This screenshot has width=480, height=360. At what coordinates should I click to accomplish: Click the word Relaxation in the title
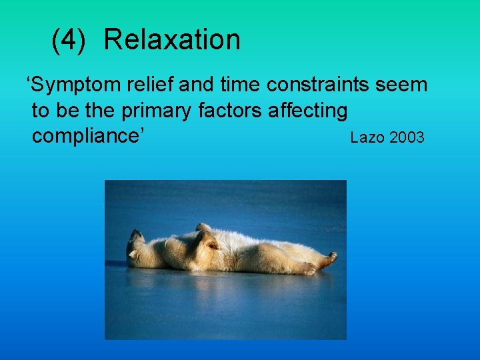click(x=172, y=40)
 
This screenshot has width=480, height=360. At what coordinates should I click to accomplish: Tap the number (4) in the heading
click(x=69, y=41)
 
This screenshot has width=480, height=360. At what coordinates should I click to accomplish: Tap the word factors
click(x=231, y=111)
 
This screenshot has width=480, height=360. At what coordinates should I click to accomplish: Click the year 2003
click(x=407, y=138)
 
